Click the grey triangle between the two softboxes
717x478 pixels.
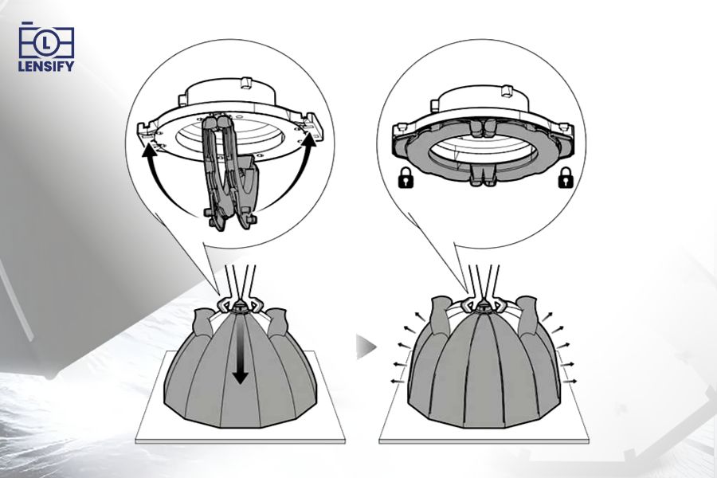click(365, 347)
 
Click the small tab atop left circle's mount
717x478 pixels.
click(245, 82)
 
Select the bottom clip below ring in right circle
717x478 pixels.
click(487, 177)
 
